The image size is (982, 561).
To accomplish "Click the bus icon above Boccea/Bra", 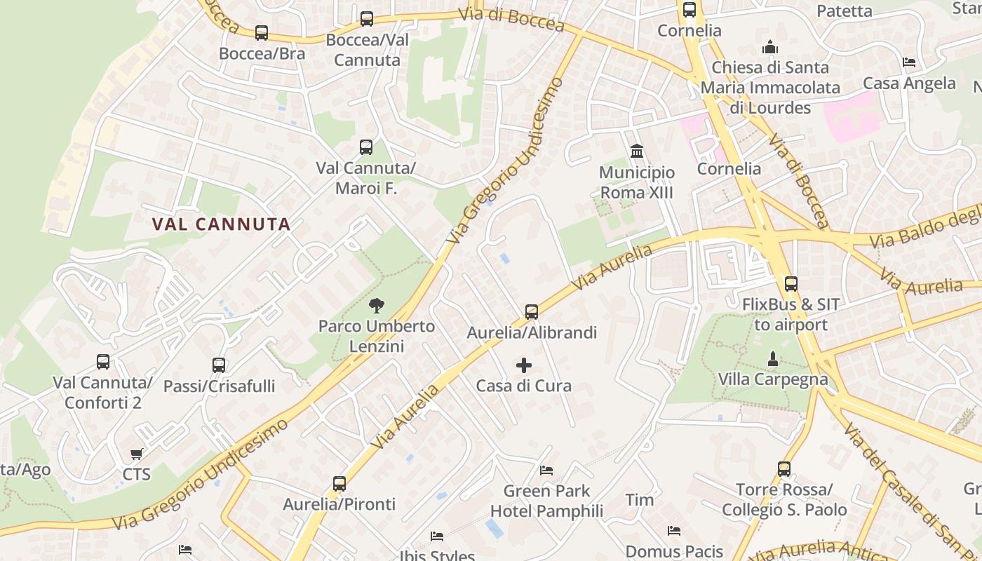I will [x=262, y=32].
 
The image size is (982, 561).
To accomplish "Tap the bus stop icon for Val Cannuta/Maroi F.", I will [x=366, y=147].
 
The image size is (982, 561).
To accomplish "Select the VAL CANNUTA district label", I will [x=221, y=224].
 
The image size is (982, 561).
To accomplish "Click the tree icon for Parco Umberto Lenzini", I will [x=377, y=305].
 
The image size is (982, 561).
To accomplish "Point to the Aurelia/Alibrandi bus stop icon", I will [x=532, y=311].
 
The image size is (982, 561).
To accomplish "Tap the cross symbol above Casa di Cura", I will [x=524, y=365].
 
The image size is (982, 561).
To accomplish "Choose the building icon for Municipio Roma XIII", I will [x=637, y=151].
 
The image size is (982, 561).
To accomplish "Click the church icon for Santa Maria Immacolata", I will [x=770, y=48].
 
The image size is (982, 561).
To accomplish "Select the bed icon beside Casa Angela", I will [x=909, y=62].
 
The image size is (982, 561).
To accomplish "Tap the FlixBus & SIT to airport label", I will [x=791, y=315].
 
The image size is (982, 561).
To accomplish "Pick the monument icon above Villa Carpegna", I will [x=772, y=359].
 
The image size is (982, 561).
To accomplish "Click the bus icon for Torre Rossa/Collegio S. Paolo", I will [x=784, y=469].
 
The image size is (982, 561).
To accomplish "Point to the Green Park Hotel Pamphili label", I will [x=546, y=501].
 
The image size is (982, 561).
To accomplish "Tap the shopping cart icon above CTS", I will [x=137, y=454].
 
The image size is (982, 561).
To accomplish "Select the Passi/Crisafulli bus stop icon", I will [x=219, y=365].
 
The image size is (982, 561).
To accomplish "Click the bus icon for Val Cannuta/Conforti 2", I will [x=103, y=362].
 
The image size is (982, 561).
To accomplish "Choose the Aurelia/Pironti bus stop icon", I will [x=339, y=484].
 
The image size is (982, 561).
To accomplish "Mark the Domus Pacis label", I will [x=674, y=551].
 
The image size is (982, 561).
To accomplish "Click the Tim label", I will [x=640, y=500].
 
